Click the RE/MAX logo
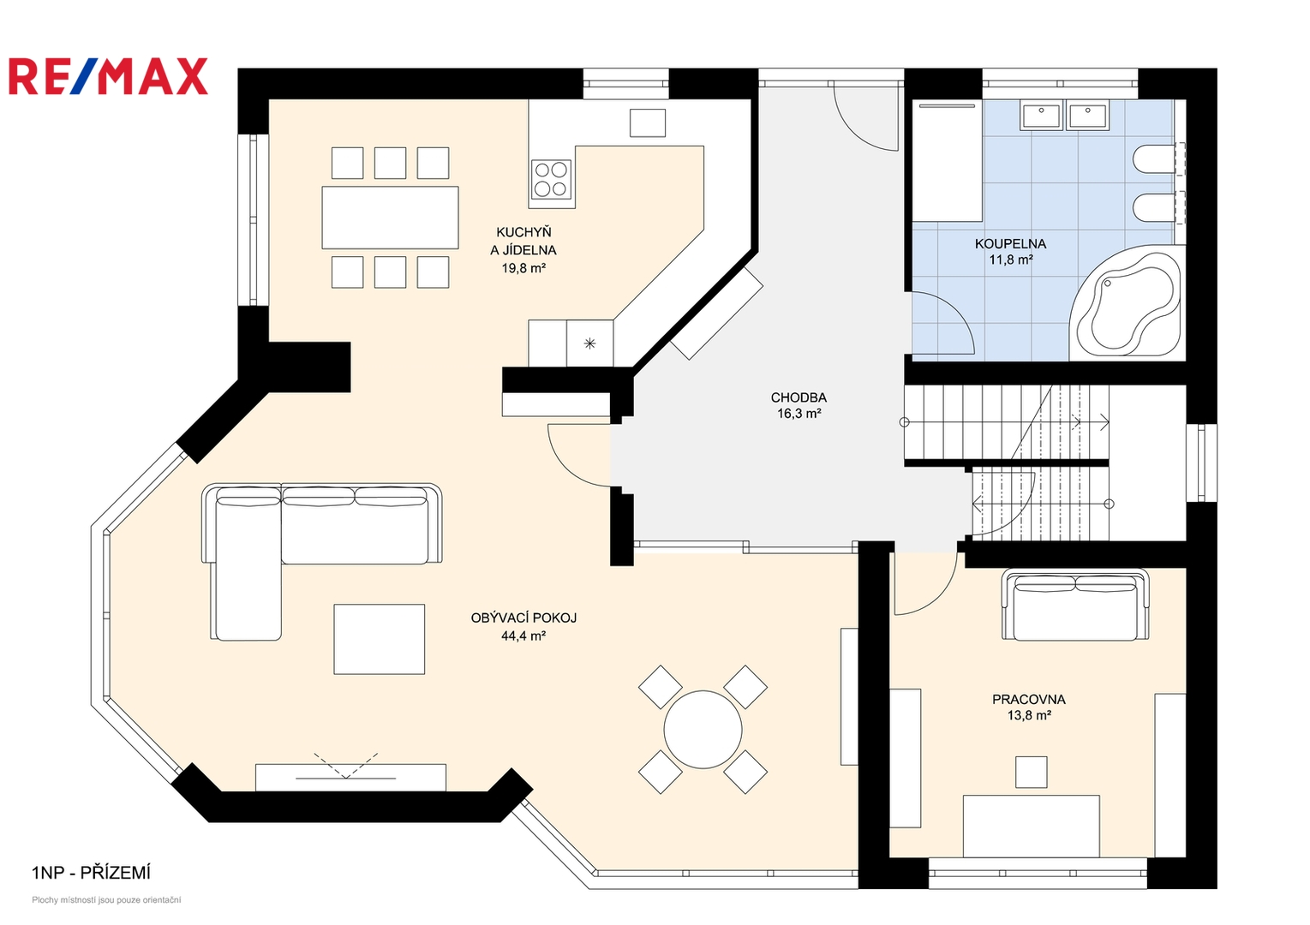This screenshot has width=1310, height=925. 108,76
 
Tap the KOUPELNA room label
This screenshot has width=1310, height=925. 1010,244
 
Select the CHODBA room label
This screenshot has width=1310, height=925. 799,397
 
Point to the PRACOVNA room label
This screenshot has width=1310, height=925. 1029,699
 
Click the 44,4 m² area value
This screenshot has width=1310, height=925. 523,636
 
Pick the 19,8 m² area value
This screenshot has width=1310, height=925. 523,268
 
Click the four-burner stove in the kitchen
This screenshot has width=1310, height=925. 551,180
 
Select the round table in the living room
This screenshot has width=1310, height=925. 703,730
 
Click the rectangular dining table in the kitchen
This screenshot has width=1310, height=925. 390,218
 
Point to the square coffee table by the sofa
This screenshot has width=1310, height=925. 379,639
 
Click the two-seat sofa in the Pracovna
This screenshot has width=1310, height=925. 1075,604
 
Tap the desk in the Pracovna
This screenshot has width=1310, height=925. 1031,826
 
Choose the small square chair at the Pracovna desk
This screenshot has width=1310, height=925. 1031,772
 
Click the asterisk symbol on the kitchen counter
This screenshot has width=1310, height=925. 589,343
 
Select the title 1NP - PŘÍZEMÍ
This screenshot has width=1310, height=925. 91,873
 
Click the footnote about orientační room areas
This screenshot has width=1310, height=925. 106,900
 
